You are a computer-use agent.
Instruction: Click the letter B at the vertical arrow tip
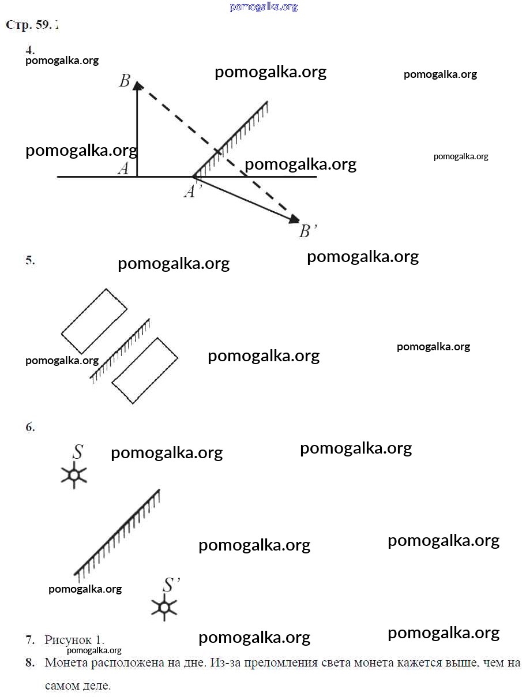[x=124, y=81]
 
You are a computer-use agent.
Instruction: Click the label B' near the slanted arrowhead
[x=308, y=232]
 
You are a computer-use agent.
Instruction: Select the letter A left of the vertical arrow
[x=123, y=169]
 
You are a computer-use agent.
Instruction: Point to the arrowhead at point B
[x=137, y=85]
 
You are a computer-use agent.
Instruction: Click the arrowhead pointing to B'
[x=294, y=219]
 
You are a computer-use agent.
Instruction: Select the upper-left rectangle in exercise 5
[x=94, y=321]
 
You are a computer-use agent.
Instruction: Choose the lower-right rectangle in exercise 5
[x=145, y=370]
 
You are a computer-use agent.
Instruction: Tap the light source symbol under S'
[x=164, y=607]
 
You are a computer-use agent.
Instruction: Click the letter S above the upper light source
[x=77, y=452]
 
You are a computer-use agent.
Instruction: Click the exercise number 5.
[x=30, y=260]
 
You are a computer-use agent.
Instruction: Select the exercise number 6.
[x=30, y=428]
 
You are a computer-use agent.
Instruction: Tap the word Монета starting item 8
[x=66, y=663]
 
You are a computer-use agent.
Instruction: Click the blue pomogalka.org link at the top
[x=264, y=7]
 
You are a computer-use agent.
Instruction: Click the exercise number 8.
[x=30, y=663]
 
